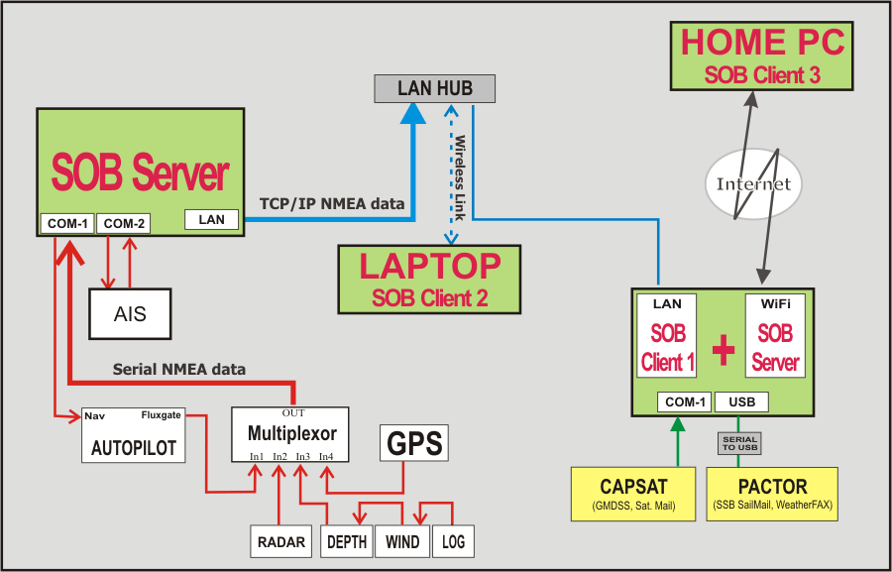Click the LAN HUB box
click(435, 89)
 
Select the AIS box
click(130, 314)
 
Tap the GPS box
click(414, 443)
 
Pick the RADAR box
click(281, 541)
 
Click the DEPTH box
click(347, 541)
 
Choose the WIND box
click(402, 541)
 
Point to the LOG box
click(453, 541)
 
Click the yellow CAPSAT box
click(633, 494)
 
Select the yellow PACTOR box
click(772, 494)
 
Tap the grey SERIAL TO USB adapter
click(739, 443)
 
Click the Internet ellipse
click(753, 183)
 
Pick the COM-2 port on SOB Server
click(124, 224)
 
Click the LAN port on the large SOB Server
click(212, 219)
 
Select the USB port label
click(741, 402)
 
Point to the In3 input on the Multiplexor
click(302, 456)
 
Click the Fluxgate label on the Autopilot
click(161, 415)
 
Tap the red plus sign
click(724, 349)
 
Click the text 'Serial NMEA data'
click(179, 369)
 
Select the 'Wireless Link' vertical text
click(460, 177)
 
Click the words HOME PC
click(762, 42)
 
